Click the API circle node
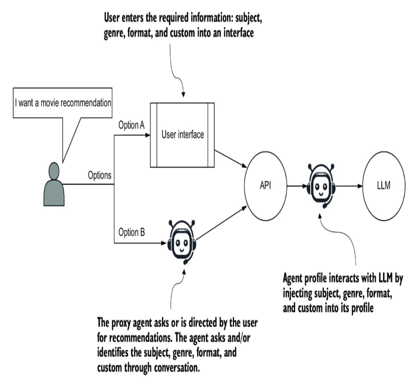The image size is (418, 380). [265, 186]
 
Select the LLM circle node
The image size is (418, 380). [384, 186]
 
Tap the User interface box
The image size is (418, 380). [182, 135]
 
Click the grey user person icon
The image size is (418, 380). [54, 185]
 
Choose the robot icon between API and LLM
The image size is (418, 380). [321, 185]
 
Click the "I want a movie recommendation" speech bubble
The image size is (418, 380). [63, 103]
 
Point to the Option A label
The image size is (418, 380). [131, 125]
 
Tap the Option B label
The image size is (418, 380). [131, 233]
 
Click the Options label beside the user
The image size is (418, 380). [99, 175]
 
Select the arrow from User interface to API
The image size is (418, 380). [231, 159]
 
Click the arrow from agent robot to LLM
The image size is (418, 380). [349, 186]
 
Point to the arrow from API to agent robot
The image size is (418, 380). [296, 186]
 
